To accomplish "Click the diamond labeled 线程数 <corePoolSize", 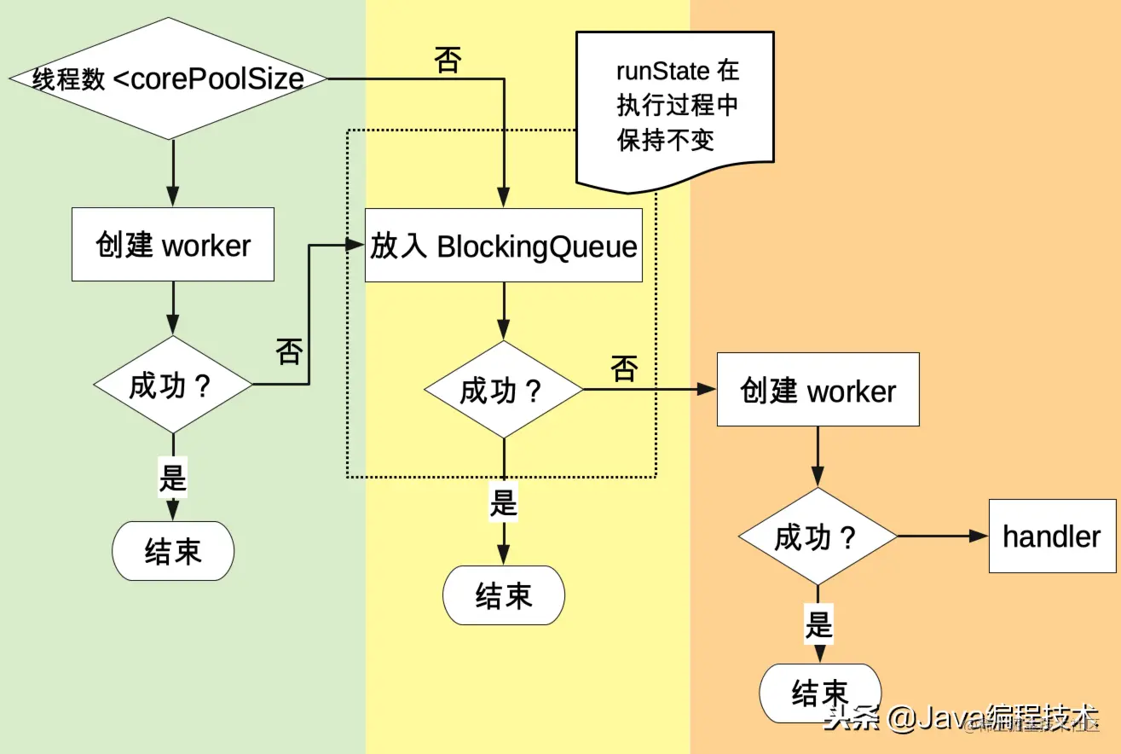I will point(168,79).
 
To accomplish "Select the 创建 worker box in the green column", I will point(173,245).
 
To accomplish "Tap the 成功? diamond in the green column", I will point(173,385).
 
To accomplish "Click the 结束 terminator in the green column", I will point(173,551).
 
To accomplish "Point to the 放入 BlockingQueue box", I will point(503,246).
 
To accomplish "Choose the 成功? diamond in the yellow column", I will point(504,390).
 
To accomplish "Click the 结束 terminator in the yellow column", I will point(504,594).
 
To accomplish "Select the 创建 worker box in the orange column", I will point(818,390).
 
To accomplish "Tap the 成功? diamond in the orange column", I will point(818,536).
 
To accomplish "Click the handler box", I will point(1052,536).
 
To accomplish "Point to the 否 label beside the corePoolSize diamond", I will point(448,61).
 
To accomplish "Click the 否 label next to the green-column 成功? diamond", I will point(289,351).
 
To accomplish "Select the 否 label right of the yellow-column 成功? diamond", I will point(624,368).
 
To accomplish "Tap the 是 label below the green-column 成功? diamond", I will point(173,477).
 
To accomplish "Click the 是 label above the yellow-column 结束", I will point(504,502).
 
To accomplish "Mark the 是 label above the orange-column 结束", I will point(818,625).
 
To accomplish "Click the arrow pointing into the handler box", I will point(943,536).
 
